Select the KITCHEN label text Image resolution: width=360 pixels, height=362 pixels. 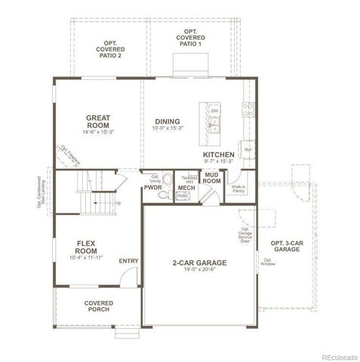click(x=218, y=154)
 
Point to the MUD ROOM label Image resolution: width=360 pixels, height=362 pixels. click(x=212, y=178)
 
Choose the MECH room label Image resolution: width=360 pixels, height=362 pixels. click(x=186, y=187)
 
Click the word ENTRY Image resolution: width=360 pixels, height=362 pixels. click(x=128, y=261)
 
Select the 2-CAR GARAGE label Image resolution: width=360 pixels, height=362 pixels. click(x=199, y=262)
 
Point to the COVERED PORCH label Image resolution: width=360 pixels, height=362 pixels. click(x=99, y=306)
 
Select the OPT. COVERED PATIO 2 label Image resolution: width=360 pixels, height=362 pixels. click(x=110, y=51)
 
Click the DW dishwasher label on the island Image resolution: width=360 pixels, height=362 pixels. click(x=215, y=112)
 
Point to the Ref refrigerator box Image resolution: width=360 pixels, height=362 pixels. click(x=247, y=149)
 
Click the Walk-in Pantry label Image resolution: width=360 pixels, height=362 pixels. click(x=238, y=189)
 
